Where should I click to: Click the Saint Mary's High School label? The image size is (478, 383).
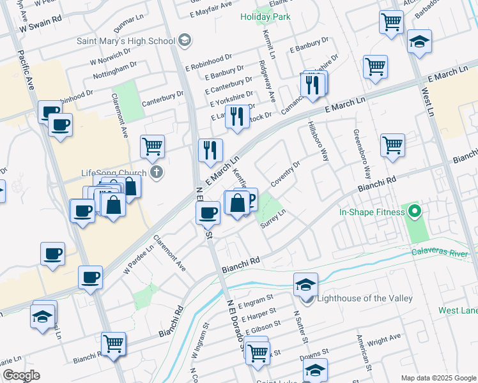click(125, 41)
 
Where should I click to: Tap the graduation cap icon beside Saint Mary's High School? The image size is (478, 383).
click(185, 41)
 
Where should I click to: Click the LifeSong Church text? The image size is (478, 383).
click(114, 173)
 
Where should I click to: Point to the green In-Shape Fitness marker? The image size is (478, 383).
click(414, 212)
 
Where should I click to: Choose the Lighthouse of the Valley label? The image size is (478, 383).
click(365, 298)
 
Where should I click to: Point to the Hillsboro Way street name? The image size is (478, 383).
click(318, 141)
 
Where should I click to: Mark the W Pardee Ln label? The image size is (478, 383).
click(139, 258)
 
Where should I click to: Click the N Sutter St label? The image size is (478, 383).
click(297, 326)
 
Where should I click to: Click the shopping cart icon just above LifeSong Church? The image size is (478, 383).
click(153, 147)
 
